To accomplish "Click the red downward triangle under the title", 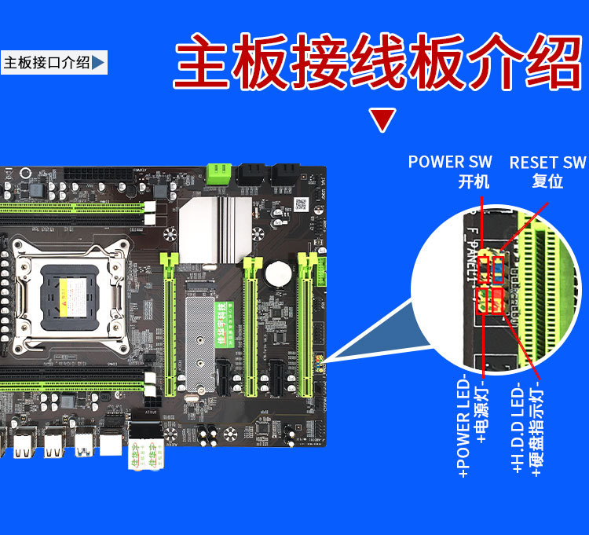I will point(382,120).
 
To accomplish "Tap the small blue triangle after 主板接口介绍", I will point(98,63).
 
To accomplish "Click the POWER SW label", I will point(450,162).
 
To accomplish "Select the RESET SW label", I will point(547,163).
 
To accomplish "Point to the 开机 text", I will point(474,181).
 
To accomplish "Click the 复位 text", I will point(547,181).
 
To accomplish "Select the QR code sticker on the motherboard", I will point(300,204).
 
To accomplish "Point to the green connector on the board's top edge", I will point(218,173).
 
